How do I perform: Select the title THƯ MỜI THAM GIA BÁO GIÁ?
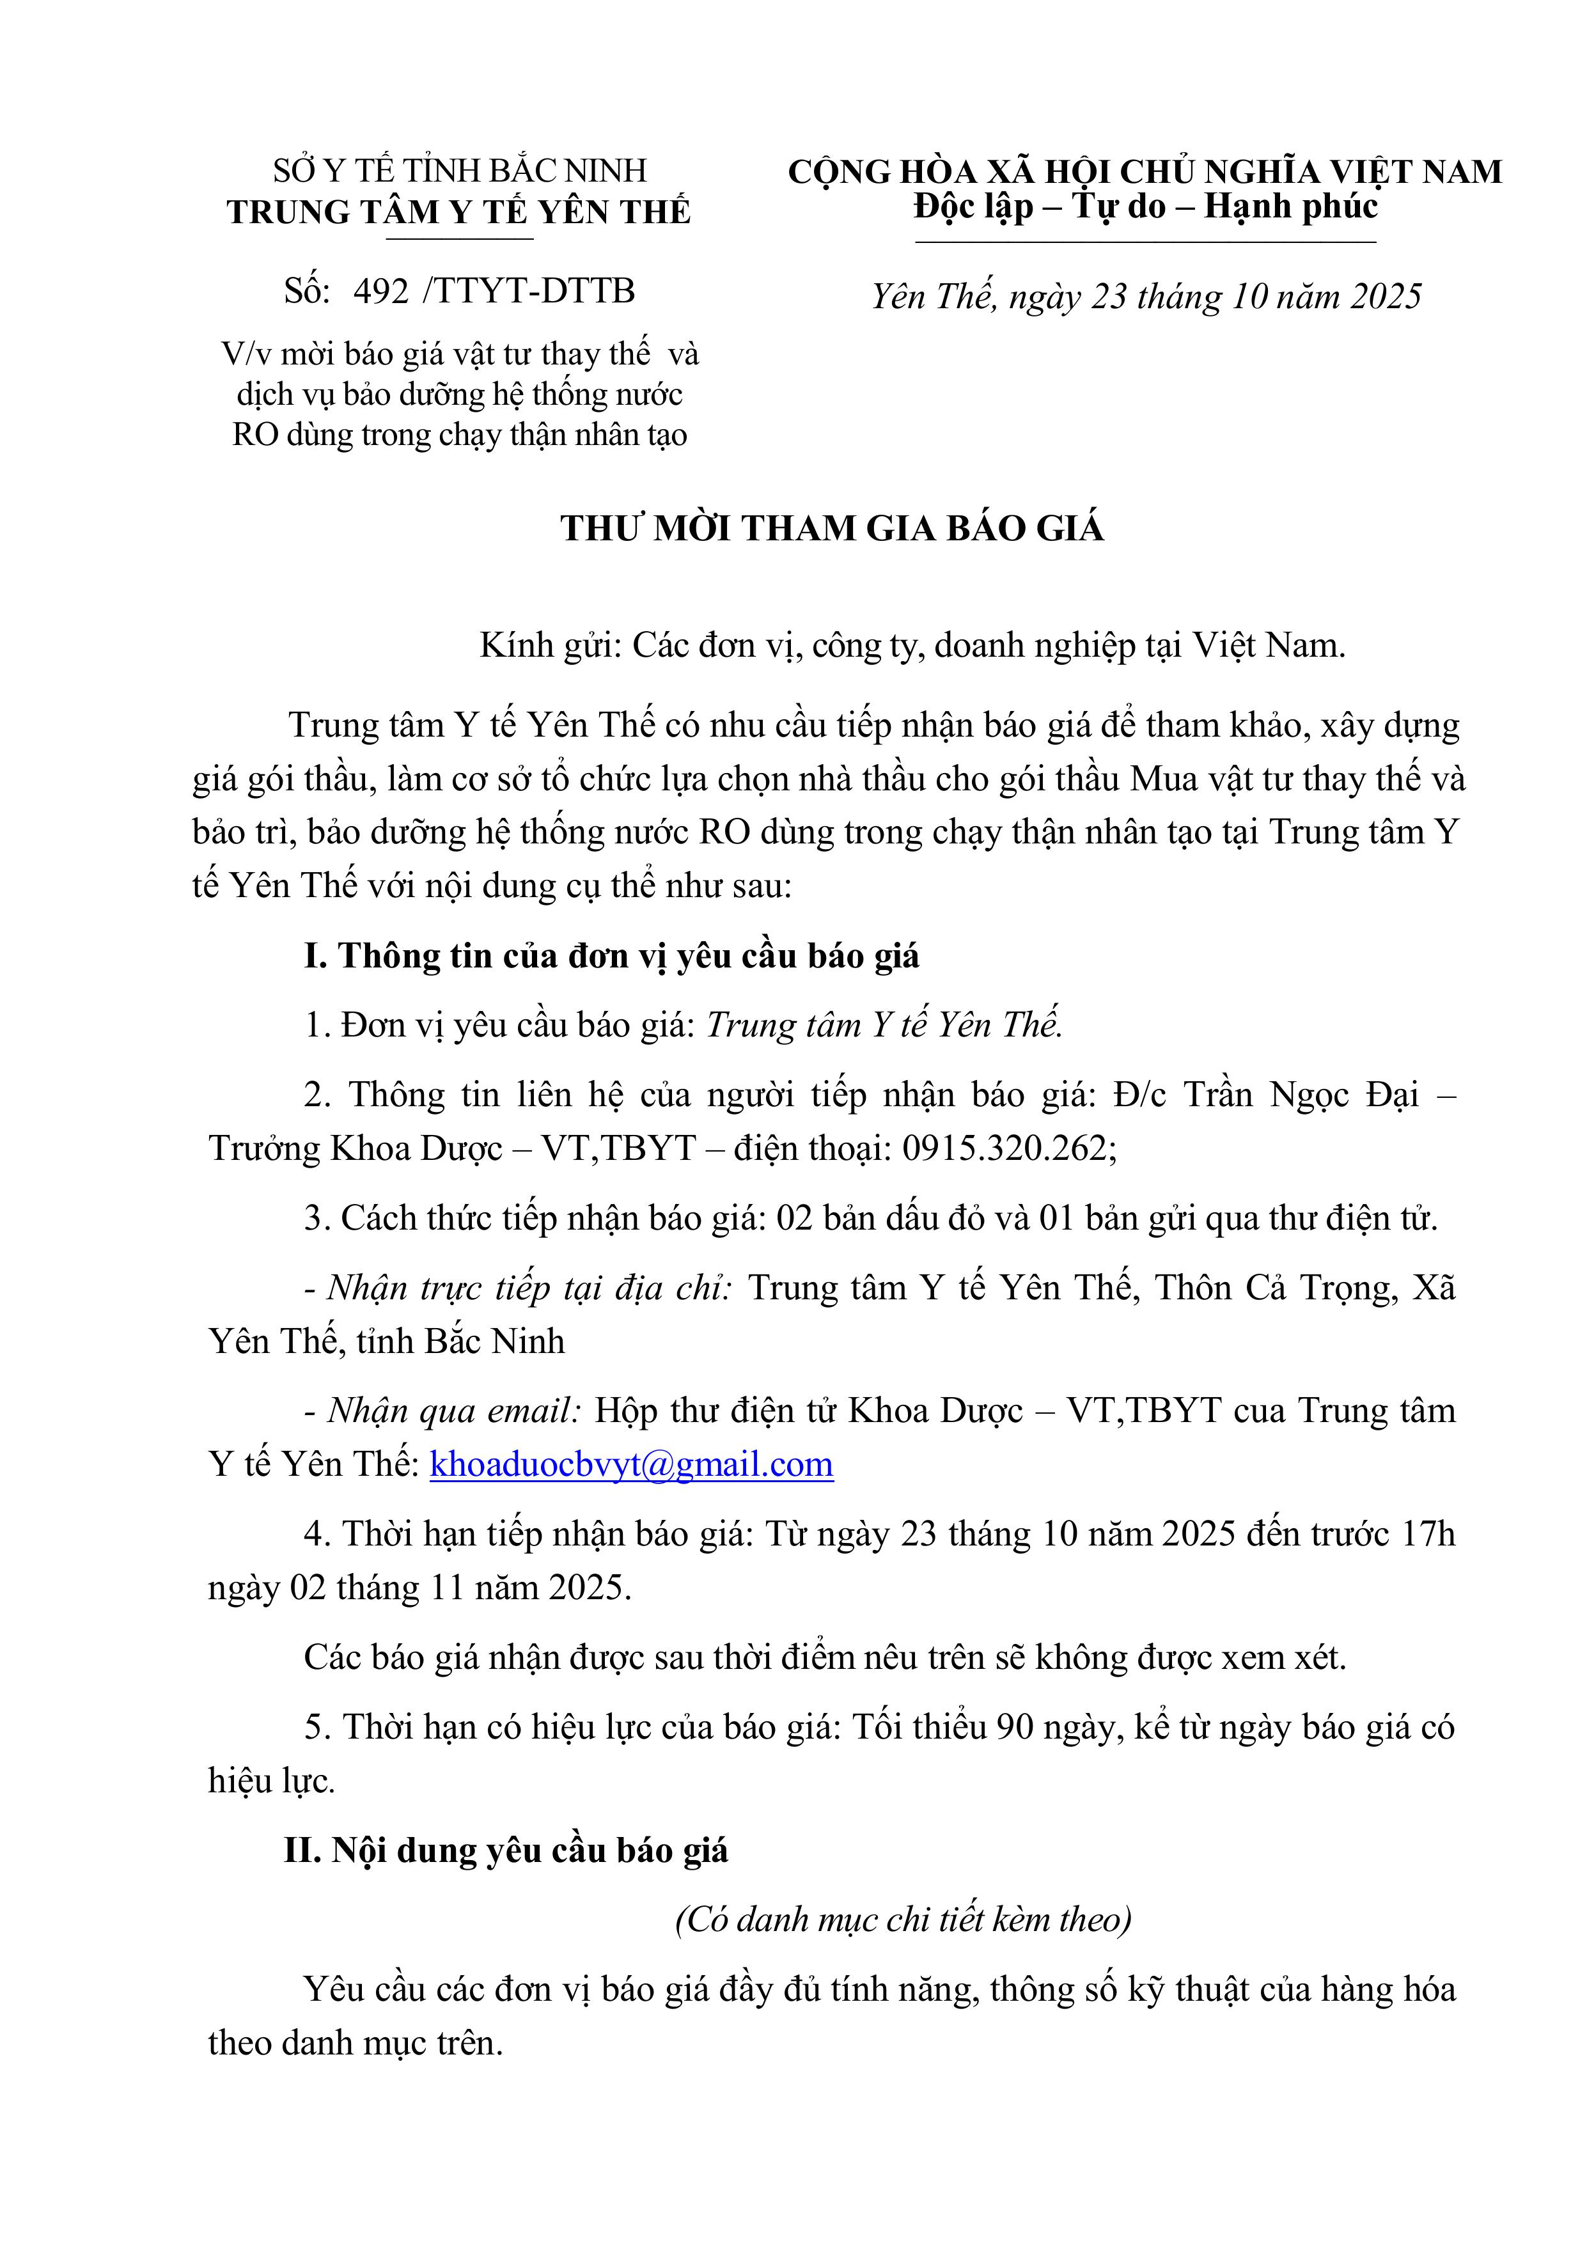tap(832, 529)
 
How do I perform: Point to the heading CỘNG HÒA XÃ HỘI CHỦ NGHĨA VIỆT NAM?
tap(1144, 172)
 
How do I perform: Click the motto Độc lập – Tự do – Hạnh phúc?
tap(1145, 207)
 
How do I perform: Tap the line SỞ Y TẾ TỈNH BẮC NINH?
tap(460, 171)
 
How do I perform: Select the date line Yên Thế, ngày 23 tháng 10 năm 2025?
tap(1145, 296)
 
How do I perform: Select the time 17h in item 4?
tap(1428, 1534)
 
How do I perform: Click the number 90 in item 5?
tap(1014, 1728)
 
